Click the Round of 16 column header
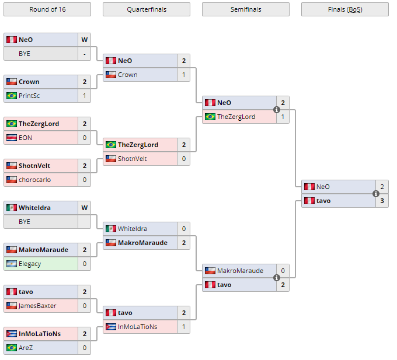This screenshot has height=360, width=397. click(47, 9)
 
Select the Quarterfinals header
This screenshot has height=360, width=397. click(146, 9)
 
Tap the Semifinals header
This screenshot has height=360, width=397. click(245, 9)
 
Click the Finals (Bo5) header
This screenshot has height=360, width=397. click(344, 9)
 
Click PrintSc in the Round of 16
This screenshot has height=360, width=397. click(29, 96)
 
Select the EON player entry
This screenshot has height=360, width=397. click(25, 138)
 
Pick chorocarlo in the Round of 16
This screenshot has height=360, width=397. click(34, 180)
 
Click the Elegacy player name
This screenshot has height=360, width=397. click(30, 264)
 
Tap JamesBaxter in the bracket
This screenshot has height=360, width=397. click(37, 306)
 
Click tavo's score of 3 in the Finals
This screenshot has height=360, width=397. click(382, 201)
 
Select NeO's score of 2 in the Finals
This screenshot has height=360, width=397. click(382, 187)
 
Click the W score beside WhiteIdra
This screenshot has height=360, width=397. click(84, 208)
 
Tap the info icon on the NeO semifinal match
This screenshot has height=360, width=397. click(277, 110)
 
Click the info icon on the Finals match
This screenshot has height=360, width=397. click(376, 194)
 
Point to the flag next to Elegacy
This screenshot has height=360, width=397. click(11, 264)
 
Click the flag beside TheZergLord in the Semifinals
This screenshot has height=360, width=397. click(210, 117)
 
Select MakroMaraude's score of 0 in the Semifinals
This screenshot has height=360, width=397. click(283, 271)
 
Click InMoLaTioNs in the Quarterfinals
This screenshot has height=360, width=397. click(137, 327)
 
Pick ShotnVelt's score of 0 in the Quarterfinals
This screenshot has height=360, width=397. click(183, 159)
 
